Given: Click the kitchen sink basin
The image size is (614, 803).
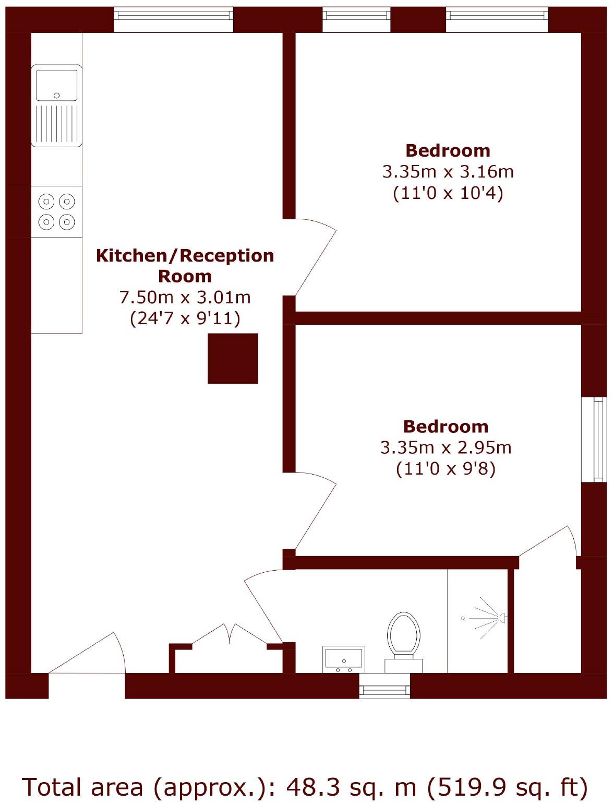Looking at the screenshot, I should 56,85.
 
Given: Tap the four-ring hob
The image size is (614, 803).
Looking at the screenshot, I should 56,211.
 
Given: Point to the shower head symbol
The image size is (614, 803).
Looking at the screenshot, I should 502,618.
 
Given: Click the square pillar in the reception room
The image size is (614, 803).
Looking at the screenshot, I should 233,358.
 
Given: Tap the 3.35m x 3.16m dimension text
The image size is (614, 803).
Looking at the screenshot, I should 448,172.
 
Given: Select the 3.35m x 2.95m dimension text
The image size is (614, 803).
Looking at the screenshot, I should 446,447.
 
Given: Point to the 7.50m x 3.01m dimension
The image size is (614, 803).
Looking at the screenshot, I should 185,297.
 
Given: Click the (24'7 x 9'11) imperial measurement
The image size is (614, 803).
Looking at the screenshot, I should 185,318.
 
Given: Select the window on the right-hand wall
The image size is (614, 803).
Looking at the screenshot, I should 594,439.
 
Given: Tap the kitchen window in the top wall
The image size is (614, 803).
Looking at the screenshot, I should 174,20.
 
